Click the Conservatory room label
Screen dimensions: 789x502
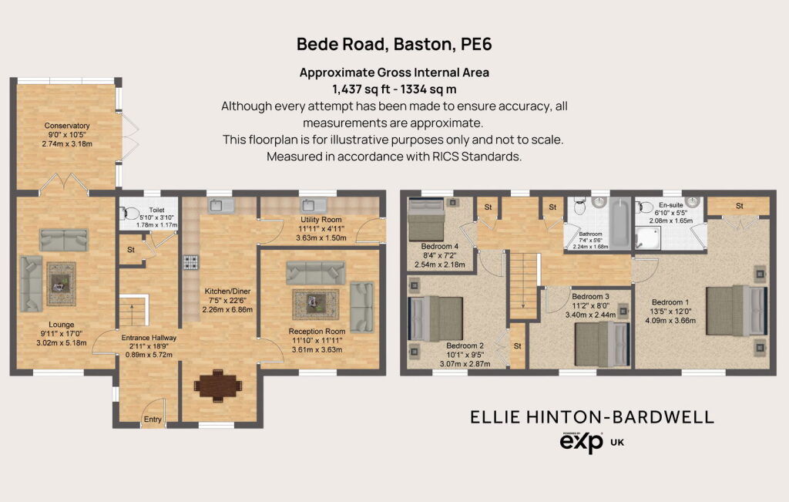67,126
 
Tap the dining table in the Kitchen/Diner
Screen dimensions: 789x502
218,386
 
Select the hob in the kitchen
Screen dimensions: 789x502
191,262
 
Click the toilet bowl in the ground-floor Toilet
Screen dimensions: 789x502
130,214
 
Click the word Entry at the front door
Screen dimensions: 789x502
153,419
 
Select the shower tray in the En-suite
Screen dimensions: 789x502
647,238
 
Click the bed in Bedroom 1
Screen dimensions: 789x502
737,310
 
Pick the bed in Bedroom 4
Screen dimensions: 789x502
425,219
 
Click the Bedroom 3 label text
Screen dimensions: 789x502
591,297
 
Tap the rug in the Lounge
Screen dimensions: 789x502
62,284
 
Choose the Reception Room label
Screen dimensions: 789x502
317,332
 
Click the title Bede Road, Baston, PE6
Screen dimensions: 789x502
394,44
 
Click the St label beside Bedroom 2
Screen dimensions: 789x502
517,346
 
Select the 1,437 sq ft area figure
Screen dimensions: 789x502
361,89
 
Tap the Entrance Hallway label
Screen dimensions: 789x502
149,337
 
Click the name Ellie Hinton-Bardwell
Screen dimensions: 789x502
593,417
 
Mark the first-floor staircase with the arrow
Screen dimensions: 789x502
524,285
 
